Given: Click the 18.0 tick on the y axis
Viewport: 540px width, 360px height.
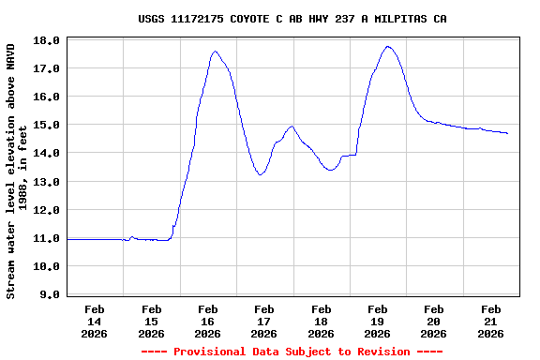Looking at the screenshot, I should (x=50, y=40).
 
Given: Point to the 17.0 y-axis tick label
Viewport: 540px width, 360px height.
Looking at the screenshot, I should (x=50, y=68).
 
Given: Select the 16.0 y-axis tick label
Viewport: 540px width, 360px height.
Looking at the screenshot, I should (x=50, y=97).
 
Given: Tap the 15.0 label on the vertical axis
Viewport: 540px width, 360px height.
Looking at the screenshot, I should (x=50, y=125).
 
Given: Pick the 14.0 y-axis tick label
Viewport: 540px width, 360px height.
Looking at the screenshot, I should (x=50, y=153).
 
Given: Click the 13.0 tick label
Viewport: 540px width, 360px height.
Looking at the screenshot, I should (x=50, y=181).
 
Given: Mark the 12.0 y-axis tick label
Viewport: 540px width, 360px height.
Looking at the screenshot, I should (x=50, y=210).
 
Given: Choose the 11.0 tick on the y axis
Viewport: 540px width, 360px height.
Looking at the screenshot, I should (x=50, y=238).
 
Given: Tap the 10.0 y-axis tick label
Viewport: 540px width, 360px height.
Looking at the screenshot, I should (x=50, y=266).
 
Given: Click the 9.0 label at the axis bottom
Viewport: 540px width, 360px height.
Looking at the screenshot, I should (x=52, y=294).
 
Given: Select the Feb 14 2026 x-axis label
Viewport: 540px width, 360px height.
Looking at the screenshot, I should (x=95, y=321).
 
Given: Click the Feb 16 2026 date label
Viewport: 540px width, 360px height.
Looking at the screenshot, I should (x=207, y=321).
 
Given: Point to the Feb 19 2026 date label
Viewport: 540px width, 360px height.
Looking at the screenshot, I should (x=377, y=321).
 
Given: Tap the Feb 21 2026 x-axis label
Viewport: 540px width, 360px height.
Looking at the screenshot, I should (x=490, y=321).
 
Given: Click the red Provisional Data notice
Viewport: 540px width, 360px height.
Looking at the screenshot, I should (x=292, y=352).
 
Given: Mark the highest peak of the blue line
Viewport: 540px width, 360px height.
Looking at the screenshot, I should (x=388, y=47).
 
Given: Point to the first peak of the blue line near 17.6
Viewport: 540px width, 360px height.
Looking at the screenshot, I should (x=216, y=52).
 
